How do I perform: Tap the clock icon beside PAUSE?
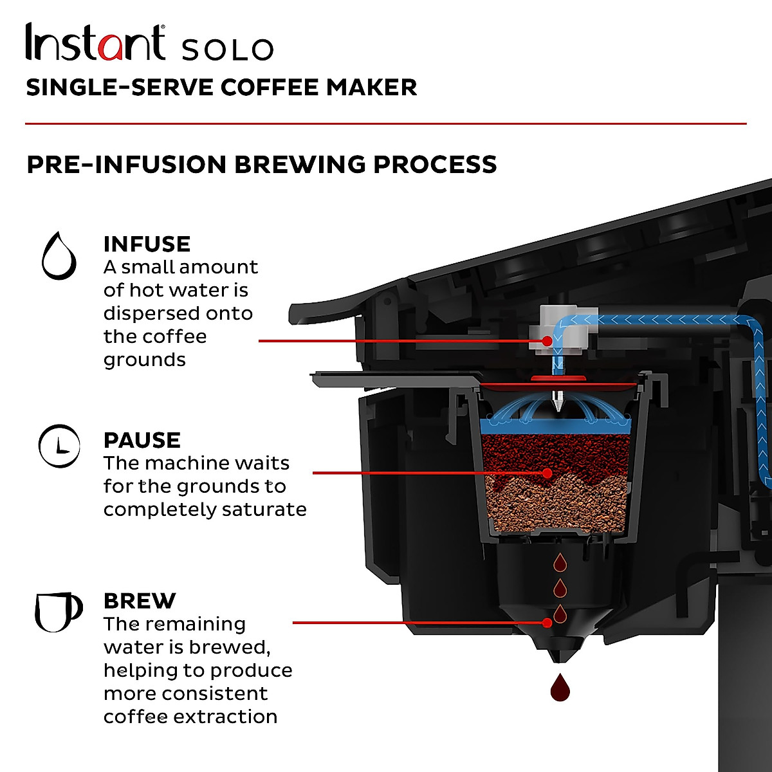tap(59, 445)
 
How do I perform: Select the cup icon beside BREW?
tap(57, 611)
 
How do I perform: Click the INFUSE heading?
tap(147, 244)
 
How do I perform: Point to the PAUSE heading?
tap(142, 440)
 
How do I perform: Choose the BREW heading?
tap(139, 601)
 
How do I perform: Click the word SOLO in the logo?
tap(227, 50)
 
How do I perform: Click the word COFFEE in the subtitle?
tap(270, 87)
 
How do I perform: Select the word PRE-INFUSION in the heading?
tap(126, 164)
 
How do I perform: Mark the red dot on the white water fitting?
tap(547, 340)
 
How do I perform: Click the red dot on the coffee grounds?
tap(547, 473)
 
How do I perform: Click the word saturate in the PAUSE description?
tap(264, 510)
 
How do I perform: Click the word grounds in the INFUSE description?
tap(144, 360)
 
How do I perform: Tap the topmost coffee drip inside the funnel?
tap(560, 562)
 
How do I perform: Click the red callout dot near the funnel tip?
tap(547, 623)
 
